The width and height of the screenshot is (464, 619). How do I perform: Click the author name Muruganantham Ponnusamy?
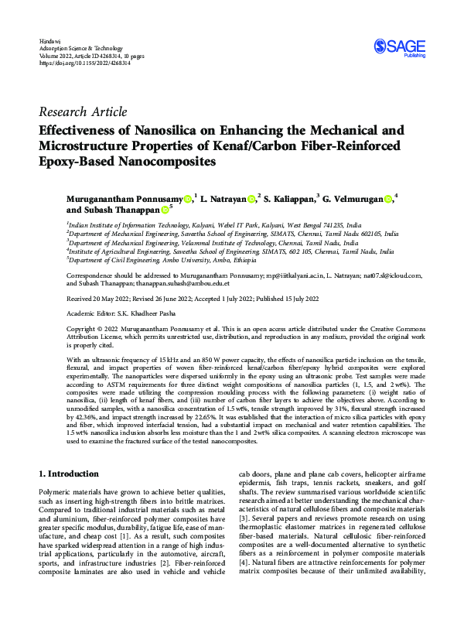(x=126, y=200)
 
